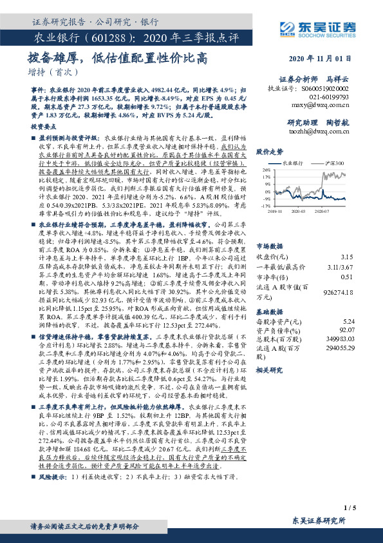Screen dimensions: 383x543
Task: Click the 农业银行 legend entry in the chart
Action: click(298, 164)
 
